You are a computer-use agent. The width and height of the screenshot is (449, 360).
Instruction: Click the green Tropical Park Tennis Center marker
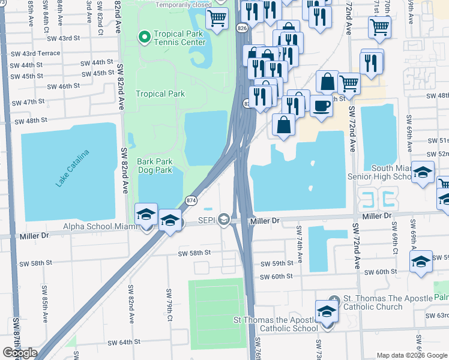[144, 38]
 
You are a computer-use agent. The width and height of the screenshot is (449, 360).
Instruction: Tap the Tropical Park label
[160, 94]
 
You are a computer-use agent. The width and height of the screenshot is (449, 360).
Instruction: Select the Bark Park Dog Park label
[155, 166]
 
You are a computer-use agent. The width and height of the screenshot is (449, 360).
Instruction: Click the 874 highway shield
[191, 200]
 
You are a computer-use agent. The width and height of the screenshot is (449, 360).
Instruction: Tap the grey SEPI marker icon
[224, 221]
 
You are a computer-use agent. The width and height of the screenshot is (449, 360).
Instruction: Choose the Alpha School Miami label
[101, 227]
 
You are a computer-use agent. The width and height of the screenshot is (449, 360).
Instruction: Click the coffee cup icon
[321, 106]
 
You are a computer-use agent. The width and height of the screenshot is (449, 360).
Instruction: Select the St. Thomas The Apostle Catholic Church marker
[335, 299]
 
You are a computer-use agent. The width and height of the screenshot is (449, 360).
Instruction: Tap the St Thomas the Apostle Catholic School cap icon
[327, 311]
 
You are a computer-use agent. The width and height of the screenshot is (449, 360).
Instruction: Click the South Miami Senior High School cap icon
[423, 172]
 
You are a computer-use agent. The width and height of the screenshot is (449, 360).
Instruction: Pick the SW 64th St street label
[124, 342]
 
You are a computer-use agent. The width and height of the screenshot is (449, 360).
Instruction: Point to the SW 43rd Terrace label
[40, 53]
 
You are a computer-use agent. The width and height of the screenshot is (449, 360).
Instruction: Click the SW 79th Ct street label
[169, 316]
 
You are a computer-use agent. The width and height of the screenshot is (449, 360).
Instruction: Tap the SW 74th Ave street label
[298, 238]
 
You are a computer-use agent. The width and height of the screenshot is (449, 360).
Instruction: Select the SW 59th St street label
[277, 263]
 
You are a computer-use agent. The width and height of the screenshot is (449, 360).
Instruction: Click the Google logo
[20, 353]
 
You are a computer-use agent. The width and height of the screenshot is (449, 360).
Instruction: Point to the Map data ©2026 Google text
[411, 355]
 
